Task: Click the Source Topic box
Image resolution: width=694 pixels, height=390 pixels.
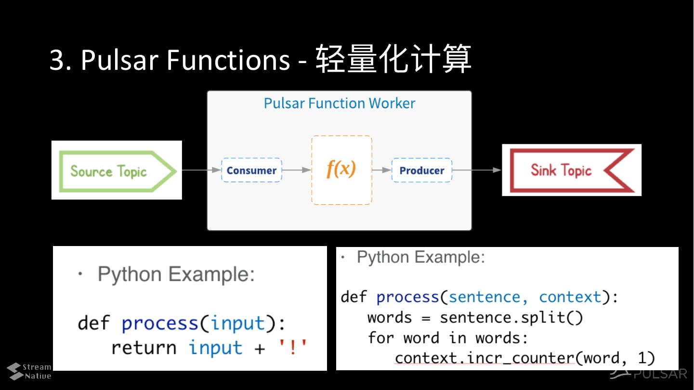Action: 117,170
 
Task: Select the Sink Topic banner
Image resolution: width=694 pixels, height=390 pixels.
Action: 572,170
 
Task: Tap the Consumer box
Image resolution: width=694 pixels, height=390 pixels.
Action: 251,170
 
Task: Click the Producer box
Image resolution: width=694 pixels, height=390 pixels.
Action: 422,170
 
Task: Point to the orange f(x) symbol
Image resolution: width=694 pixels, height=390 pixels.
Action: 341,169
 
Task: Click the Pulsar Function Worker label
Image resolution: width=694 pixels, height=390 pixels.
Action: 339,103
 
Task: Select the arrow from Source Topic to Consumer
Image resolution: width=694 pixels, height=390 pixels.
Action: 202,170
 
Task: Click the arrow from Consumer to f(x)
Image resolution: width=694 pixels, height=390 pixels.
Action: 297,170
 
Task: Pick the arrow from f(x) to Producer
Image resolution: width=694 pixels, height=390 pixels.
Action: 382,170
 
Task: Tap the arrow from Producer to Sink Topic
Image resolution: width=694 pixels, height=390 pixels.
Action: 477,170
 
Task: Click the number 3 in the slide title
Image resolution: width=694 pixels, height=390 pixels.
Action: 57,60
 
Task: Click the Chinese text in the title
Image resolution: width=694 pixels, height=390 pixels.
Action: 393,58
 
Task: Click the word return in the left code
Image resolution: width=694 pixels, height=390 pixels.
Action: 144,348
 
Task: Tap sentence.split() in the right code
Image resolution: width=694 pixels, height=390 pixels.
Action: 511,318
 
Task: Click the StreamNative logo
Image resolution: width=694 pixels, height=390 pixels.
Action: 29,371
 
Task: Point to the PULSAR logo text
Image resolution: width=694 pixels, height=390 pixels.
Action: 660,374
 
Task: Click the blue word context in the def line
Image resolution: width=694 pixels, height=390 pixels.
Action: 570,297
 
